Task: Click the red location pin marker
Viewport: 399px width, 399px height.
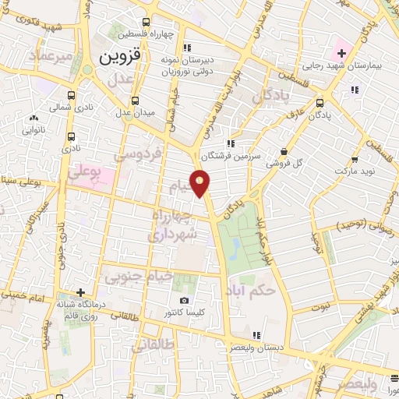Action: (201, 183)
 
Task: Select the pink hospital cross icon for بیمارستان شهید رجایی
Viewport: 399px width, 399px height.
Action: (341, 53)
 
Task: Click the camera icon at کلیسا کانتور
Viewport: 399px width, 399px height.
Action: (184, 301)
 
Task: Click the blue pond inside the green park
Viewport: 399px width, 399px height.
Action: (235, 248)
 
